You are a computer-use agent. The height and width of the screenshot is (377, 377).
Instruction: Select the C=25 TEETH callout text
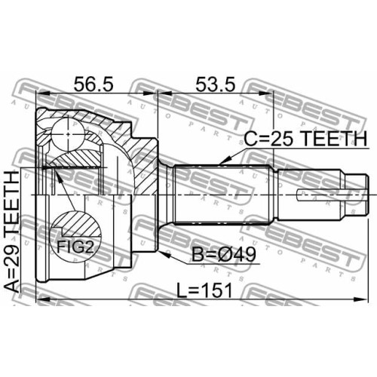coord(305,139)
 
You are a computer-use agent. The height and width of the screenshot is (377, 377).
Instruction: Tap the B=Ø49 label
coord(224,254)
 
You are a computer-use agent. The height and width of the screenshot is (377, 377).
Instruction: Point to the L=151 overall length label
coord(204,290)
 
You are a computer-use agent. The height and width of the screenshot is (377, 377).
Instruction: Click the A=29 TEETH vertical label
coord(12,231)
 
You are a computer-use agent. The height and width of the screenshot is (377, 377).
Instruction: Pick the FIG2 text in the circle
coord(75,247)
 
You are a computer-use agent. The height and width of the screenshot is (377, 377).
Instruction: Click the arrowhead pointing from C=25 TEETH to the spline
coord(225,161)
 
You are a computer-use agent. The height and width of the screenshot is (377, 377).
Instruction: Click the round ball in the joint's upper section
coord(68,134)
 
